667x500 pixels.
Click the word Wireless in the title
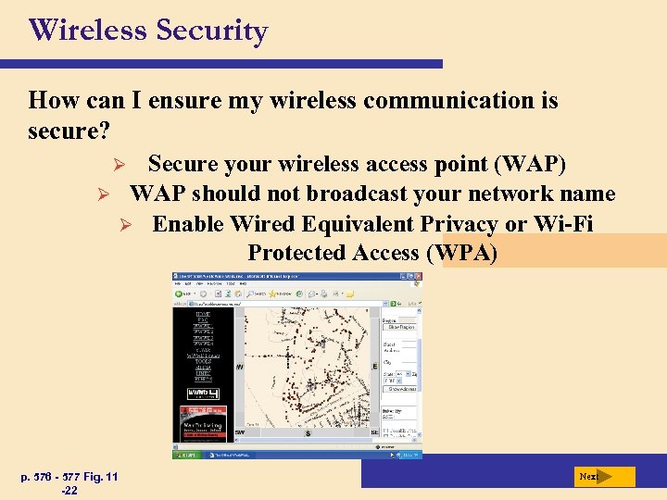click(x=88, y=31)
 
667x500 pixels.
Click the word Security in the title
click(x=211, y=31)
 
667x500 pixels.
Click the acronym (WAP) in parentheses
click(x=531, y=165)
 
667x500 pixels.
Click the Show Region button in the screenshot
click(x=401, y=327)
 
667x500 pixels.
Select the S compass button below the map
click(x=308, y=433)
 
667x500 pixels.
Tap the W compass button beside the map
click(x=240, y=368)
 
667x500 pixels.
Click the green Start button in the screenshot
click(x=186, y=455)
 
